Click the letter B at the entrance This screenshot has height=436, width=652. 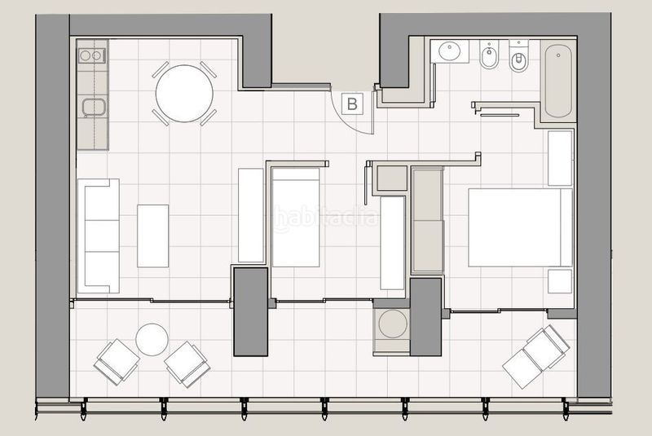pyautogui.click(x=352, y=103)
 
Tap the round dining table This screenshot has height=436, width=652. pyautogui.click(x=184, y=94)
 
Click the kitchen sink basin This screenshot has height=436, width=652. pyautogui.click(x=90, y=107)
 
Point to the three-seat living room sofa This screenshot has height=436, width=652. pyautogui.click(x=99, y=236)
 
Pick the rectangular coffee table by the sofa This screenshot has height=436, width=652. pyautogui.click(x=152, y=236)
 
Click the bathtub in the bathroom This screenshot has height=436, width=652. pyautogui.click(x=558, y=81)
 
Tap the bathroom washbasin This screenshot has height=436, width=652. pyautogui.click(x=450, y=52)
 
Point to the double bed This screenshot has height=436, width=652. pyautogui.click(x=519, y=227)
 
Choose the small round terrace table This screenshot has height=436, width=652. pyautogui.click(x=152, y=339)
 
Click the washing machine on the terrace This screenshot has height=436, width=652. pyautogui.click(x=393, y=324)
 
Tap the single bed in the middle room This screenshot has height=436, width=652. pyautogui.click(x=295, y=216)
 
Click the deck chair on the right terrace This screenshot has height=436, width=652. pyautogui.click(x=535, y=355)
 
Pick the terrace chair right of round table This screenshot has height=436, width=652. pyautogui.click(x=187, y=362)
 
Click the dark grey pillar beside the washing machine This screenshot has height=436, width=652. pyautogui.click(x=425, y=316)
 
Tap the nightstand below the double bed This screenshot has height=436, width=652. pyautogui.click(x=560, y=280)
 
